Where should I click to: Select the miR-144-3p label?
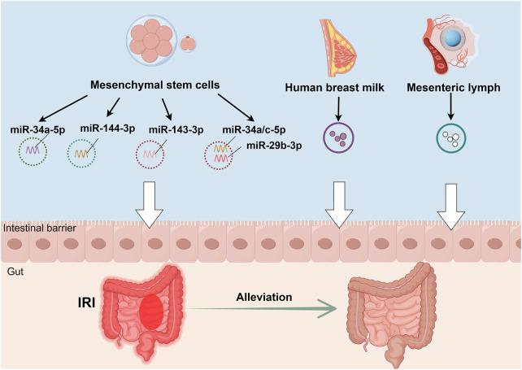point(107,128)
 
